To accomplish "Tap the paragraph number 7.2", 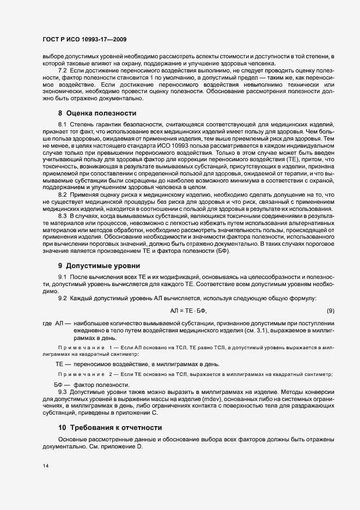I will (x=63, y=71).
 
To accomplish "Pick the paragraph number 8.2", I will (x=63, y=210).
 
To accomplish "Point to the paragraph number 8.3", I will (x=63, y=233).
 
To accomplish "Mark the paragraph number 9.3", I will (x=63, y=392).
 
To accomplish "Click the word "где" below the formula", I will (x=47, y=324).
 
